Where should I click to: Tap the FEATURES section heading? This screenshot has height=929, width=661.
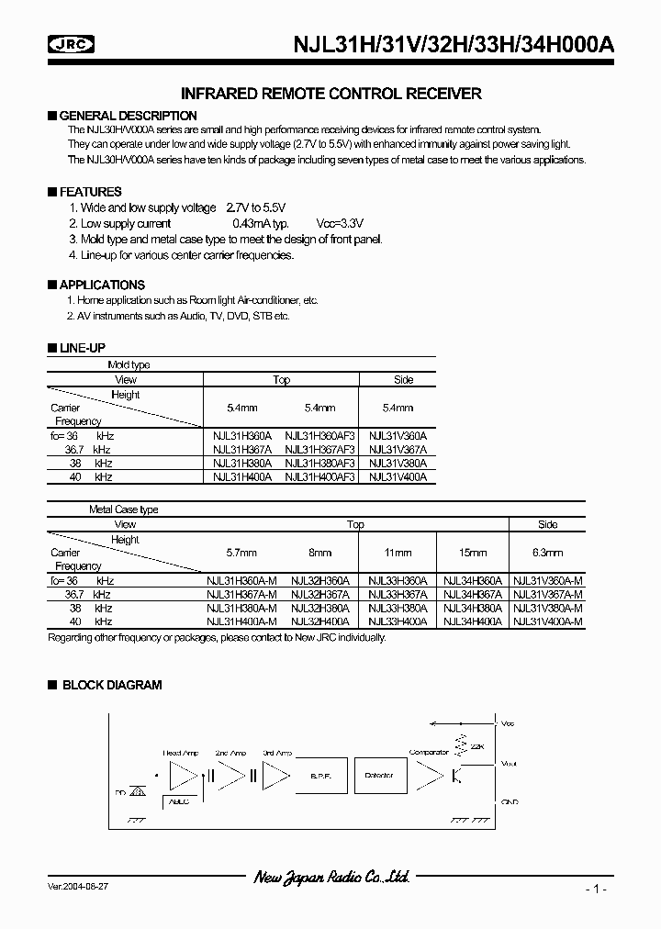[90, 192]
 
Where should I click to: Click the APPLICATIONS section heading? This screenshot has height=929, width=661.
[102, 285]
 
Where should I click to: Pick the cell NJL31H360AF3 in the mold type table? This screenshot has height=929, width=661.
[319, 436]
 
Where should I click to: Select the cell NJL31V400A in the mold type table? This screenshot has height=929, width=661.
[398, 477]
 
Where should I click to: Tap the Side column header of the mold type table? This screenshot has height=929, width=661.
[403, 379]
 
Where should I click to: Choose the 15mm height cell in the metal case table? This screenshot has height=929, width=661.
[472, 553]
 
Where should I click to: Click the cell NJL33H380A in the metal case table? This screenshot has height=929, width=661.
[397, 608]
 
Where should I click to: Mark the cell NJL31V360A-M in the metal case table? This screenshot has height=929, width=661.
[547, 581]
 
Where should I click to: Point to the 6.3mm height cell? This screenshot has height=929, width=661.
[547, 553]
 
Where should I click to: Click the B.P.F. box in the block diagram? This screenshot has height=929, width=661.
[320, 776]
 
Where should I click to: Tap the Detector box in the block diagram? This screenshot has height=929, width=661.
[378, 776]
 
